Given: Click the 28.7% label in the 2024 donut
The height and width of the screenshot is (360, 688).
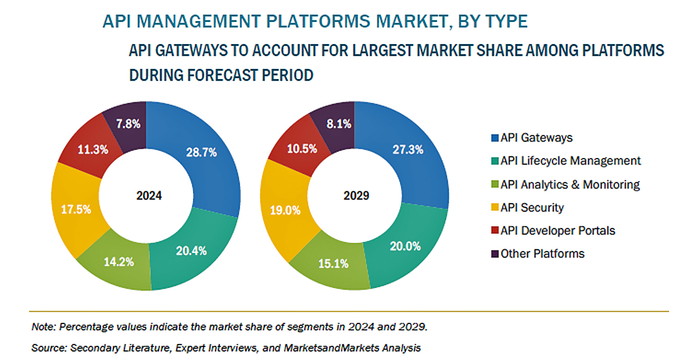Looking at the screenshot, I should click(x=202, y=153).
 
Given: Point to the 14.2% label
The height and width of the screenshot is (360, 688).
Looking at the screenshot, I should click(x=119, y=262).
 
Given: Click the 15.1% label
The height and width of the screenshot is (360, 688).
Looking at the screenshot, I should click(x=333, y=264).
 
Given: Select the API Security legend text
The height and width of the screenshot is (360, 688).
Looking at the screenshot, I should click(x=532, y=207).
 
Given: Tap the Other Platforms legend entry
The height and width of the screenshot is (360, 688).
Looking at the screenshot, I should click(x=542, y=254).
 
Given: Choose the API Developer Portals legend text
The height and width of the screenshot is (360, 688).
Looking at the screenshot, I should click(x=558, y=231).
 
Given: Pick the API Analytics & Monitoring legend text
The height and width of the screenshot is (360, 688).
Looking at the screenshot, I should click(x=570, y=185).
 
